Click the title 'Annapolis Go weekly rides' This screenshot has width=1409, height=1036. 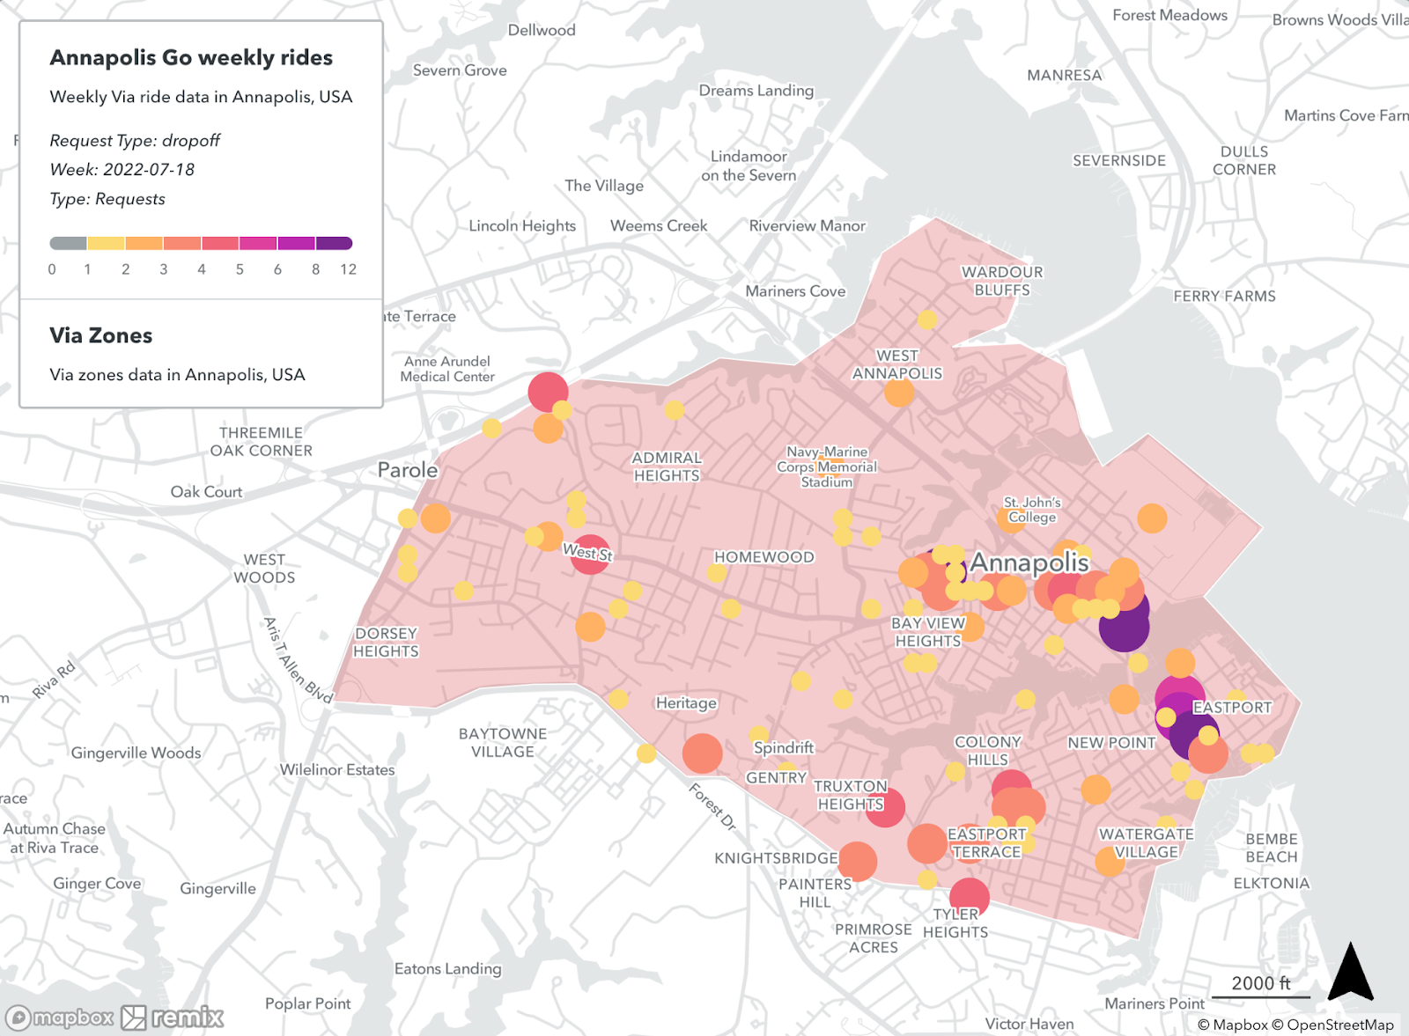click(x=191, y=58)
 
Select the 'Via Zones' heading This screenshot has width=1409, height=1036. click(x=101, y=335)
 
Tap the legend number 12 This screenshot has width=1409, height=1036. click(x=348, y=269)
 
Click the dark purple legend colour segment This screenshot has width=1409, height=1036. click(x=334, y=243)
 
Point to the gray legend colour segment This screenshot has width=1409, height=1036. click(x=68, y=243)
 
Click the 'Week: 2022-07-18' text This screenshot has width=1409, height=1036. click(x=122, y=170)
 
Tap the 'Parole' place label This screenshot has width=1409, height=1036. click(x=408, y=470)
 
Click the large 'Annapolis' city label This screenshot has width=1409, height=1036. click(x=1029, y=562)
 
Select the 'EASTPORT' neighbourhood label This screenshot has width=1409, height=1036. click(x=1232, y=707)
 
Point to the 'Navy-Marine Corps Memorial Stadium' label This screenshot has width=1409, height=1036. click(x=827, y=467)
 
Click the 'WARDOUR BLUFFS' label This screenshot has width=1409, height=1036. click(x=1002, y=281)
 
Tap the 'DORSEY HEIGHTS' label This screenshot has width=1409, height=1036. click(x=386, y=643)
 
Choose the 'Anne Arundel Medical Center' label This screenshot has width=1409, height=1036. click(x=447, y=369)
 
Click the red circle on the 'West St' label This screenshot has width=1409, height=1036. click(x=590, y=555)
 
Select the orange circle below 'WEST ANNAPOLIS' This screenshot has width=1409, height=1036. click(x=899, y=393)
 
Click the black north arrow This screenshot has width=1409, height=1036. click(x=1350, y=972)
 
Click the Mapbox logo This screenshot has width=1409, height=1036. click(x=61, y=1018)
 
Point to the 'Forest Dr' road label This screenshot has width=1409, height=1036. click(x=712, y=806)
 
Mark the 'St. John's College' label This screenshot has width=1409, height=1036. click(x=1032, y=510)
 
